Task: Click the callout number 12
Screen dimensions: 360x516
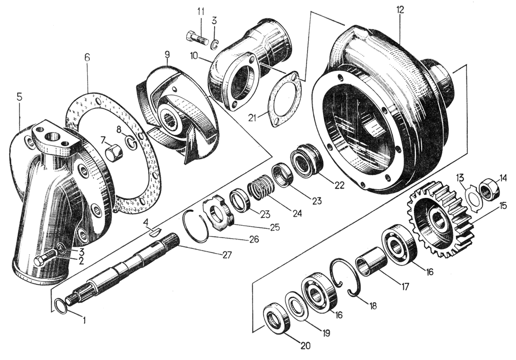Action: click(x=400, y=9)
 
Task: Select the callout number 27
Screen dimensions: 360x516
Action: click(x=226, y=255)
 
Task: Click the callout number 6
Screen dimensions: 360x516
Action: click(x=87, y=57)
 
